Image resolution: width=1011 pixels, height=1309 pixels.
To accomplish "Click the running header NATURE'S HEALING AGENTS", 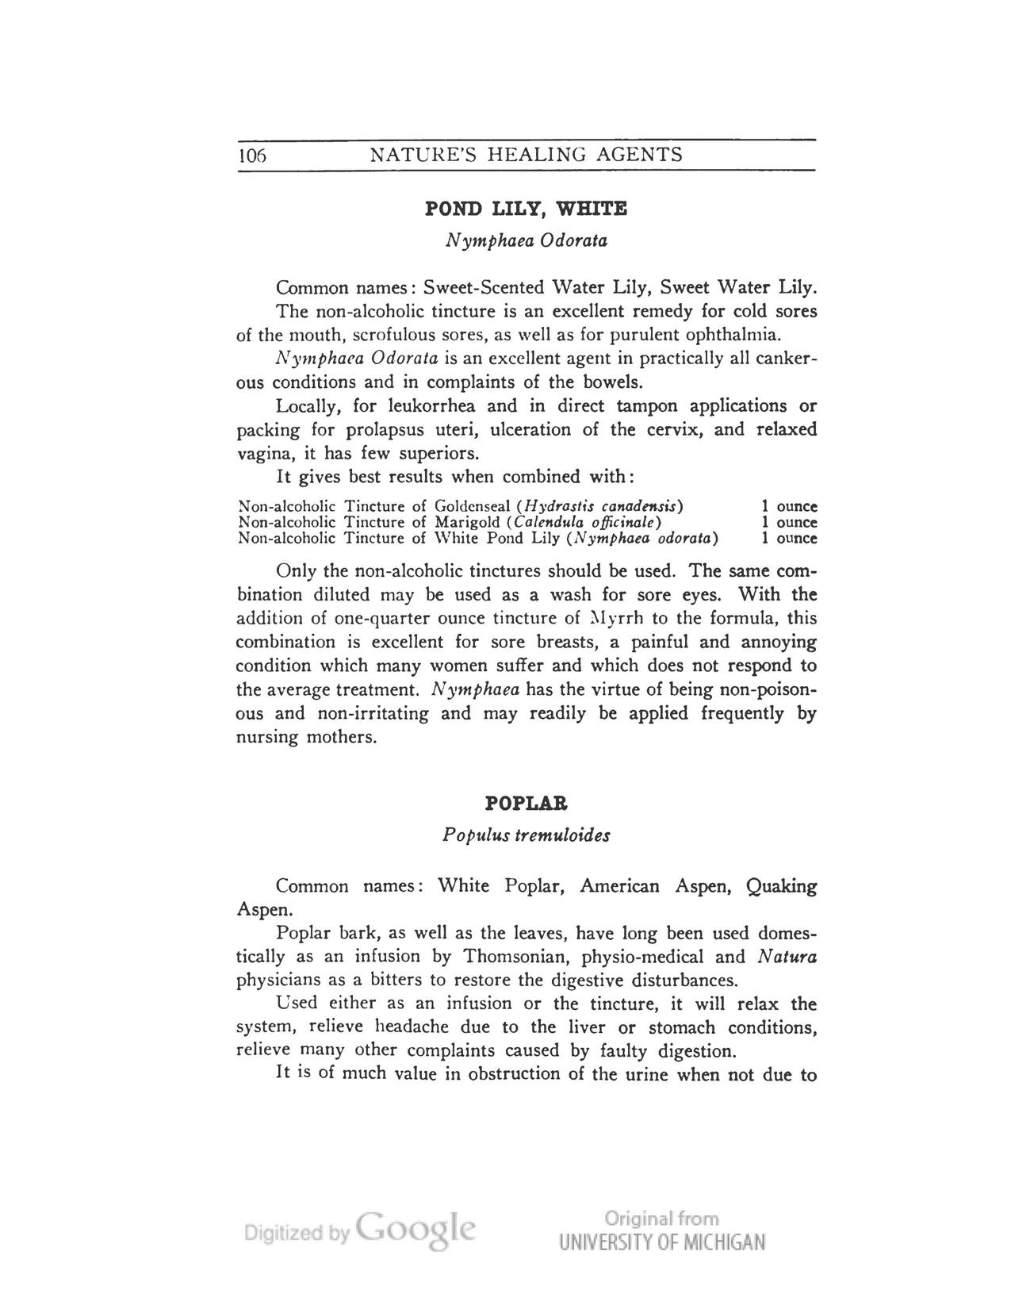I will [x=527, y=155].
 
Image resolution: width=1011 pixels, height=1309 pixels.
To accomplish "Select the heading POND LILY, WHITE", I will [x=527, y=209].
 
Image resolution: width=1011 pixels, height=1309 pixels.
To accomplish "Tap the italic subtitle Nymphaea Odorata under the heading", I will [x=527, y=240].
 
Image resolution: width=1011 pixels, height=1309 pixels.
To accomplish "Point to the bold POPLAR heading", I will [x=527, y=804].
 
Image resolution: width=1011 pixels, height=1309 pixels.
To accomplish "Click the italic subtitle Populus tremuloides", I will [x=527, y=835].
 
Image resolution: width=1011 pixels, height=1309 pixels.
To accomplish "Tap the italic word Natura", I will [x=787, y=957].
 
